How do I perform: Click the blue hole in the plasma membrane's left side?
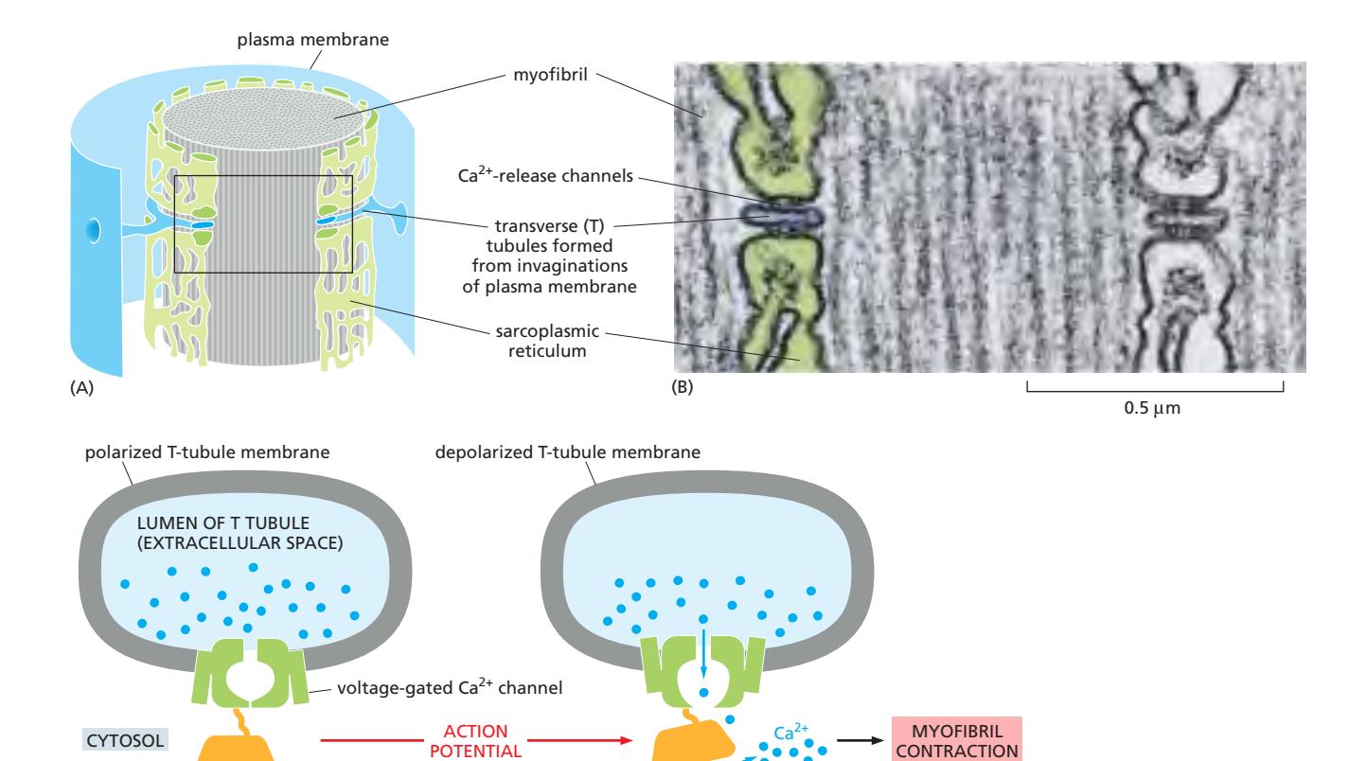point(92,229)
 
